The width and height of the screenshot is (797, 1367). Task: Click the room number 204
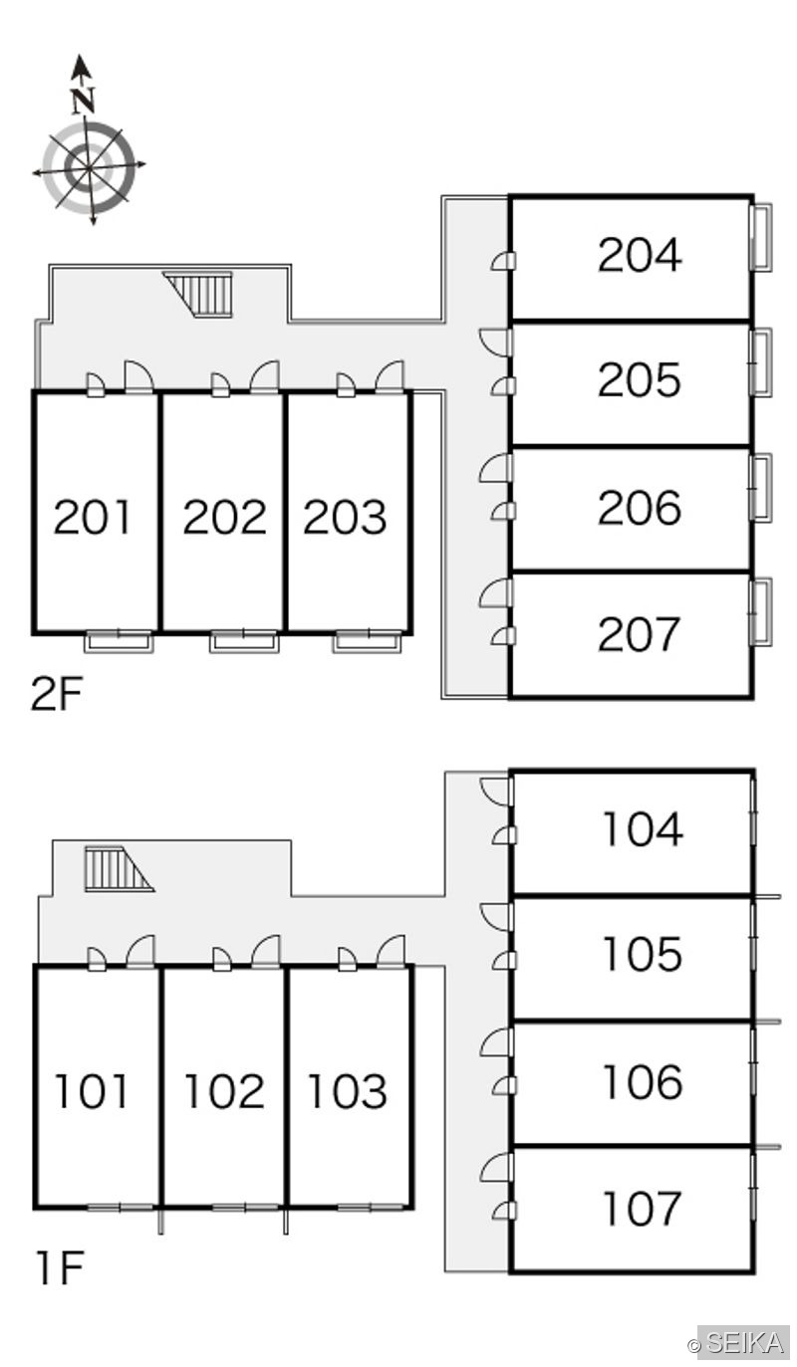tap(640, 255)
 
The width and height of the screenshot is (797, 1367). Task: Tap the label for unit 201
tap(93, 517)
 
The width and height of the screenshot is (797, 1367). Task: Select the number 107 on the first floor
tap(642, 1208)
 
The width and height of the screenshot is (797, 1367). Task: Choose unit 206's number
tap(640, 507)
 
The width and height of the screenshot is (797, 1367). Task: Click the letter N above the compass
tap(83, 102)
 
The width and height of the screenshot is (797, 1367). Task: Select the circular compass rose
tap(90, 167)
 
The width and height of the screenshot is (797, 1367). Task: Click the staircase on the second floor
tap(200, 295)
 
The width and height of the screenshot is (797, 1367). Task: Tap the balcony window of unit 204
tap(761, 237)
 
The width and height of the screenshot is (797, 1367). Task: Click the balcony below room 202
tap(244, 641)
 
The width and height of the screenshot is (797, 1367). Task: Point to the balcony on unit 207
tap(761, 611)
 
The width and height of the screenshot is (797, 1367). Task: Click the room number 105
tap(642, 954)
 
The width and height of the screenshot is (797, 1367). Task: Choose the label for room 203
tap(345, 517)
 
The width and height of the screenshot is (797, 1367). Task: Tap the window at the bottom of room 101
tap(120, 1207)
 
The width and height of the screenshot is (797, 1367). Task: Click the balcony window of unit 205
tap(761, 361)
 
